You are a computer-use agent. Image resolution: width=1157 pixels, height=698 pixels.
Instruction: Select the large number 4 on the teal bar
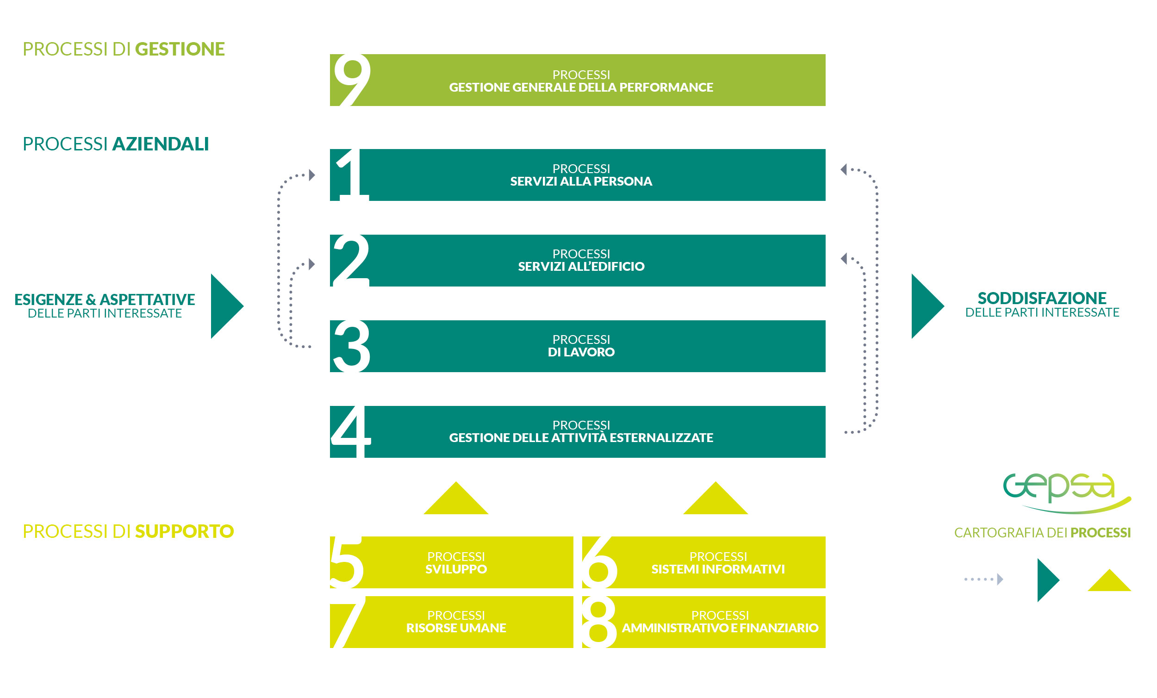coord(351,432)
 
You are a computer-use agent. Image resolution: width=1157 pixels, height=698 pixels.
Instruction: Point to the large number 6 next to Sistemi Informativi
coord(600,562)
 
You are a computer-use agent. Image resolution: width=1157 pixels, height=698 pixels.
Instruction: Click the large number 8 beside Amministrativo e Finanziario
coord(599,622)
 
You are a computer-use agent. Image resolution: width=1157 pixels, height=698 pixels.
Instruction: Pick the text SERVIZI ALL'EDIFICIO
coord(581,266)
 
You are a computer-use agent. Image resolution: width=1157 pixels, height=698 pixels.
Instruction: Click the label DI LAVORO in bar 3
coord(581,352)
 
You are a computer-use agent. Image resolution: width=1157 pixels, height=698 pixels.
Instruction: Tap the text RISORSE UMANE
coord(456,628)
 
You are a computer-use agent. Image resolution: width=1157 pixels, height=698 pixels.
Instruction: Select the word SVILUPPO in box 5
coord(456,569)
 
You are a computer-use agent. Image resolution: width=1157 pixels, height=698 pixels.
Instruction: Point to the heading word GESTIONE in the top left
coord(180,49)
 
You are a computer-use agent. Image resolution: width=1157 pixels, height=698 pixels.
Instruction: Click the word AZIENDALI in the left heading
coord(161,144)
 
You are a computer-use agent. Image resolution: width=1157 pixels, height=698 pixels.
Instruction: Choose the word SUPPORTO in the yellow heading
coord(185,531)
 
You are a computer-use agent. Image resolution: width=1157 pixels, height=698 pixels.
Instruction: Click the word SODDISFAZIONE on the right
coord(1042,298)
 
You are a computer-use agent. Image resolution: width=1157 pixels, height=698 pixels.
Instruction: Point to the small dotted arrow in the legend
coord(984,579)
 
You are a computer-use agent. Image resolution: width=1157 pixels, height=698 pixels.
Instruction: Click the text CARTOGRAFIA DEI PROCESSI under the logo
coord(1042,533)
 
